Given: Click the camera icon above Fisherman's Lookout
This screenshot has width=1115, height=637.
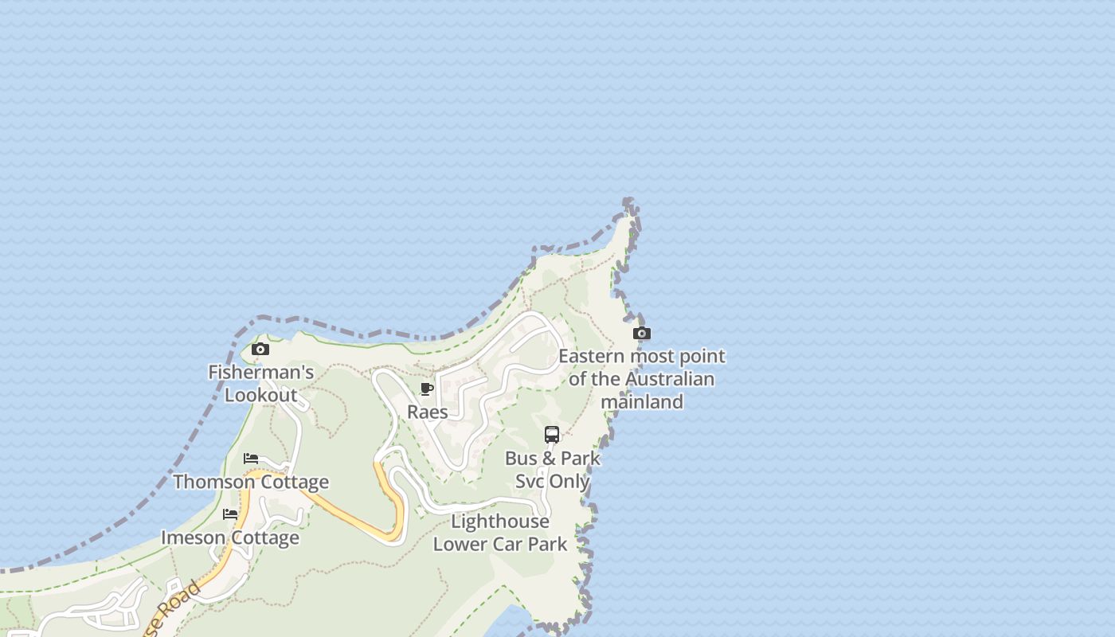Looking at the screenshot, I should click(260, 349).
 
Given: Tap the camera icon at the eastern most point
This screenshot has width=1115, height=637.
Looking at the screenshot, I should click(641, 333).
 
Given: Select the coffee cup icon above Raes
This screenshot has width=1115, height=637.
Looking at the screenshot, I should click(427, 389).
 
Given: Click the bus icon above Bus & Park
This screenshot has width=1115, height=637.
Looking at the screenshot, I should click(552, 435).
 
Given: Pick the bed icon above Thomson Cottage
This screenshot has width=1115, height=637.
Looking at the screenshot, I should click(251, 459).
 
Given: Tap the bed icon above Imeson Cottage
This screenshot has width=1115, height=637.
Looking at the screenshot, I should click(230, 514).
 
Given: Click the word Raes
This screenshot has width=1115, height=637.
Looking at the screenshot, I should click(428, 412).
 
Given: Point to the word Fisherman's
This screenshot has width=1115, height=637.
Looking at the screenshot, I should click(261, 372).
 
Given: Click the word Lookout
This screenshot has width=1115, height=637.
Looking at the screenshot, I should click(261, 395).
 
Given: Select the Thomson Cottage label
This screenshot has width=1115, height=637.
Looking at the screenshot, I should click(251, 482).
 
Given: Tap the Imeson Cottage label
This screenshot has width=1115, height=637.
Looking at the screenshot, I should click(230, 537).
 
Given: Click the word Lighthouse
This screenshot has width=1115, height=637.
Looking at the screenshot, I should click(500, 522).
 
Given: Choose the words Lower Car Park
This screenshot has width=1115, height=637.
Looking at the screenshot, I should click(500, 545).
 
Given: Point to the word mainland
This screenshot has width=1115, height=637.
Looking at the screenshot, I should click(642, 401).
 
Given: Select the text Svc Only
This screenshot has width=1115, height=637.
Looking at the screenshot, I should click(553, 481).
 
